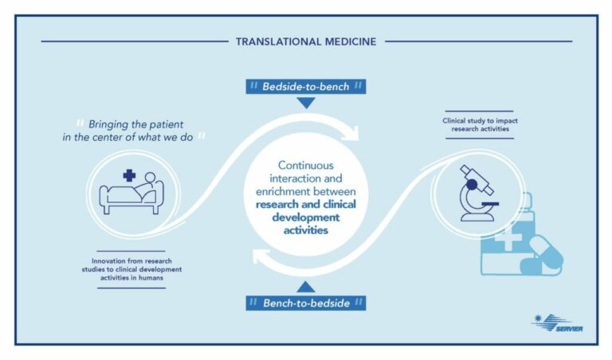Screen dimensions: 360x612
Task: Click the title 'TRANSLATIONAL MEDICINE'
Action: click(306, 41)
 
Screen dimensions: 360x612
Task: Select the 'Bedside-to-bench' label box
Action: click(306, 86)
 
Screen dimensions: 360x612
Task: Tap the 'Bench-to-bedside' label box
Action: click(306, 303)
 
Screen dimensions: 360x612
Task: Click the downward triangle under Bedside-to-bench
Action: click(306, 103)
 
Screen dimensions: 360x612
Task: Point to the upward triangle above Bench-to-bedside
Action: click(306, 286)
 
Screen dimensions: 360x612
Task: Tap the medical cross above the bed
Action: click(129, 175)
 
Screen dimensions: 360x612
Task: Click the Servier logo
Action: click(551, 323)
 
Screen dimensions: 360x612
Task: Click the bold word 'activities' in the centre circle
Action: click(306, 229)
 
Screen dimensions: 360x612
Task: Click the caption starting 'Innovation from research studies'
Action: click(131, 268)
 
